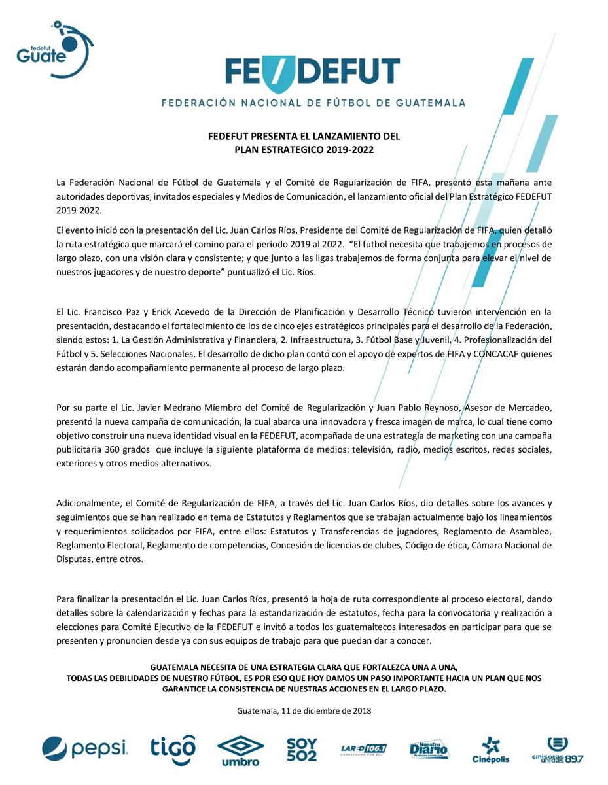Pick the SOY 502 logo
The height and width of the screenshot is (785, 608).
point(302,750)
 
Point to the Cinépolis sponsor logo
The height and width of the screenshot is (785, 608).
point(491,750)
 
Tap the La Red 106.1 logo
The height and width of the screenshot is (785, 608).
point(364,749)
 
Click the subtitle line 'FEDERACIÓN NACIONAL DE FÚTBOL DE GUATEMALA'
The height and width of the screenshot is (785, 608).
point(313,103)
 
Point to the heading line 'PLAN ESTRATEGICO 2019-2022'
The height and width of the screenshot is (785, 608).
point(304,149)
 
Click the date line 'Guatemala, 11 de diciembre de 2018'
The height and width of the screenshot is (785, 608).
point(304,710)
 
